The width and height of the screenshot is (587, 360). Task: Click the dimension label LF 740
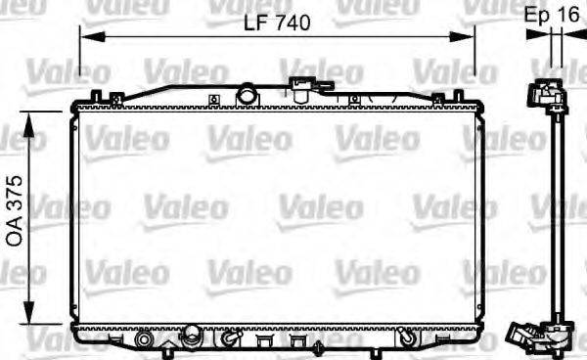pos(276,24)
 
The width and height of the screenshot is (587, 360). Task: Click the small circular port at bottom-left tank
pos(147,339)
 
